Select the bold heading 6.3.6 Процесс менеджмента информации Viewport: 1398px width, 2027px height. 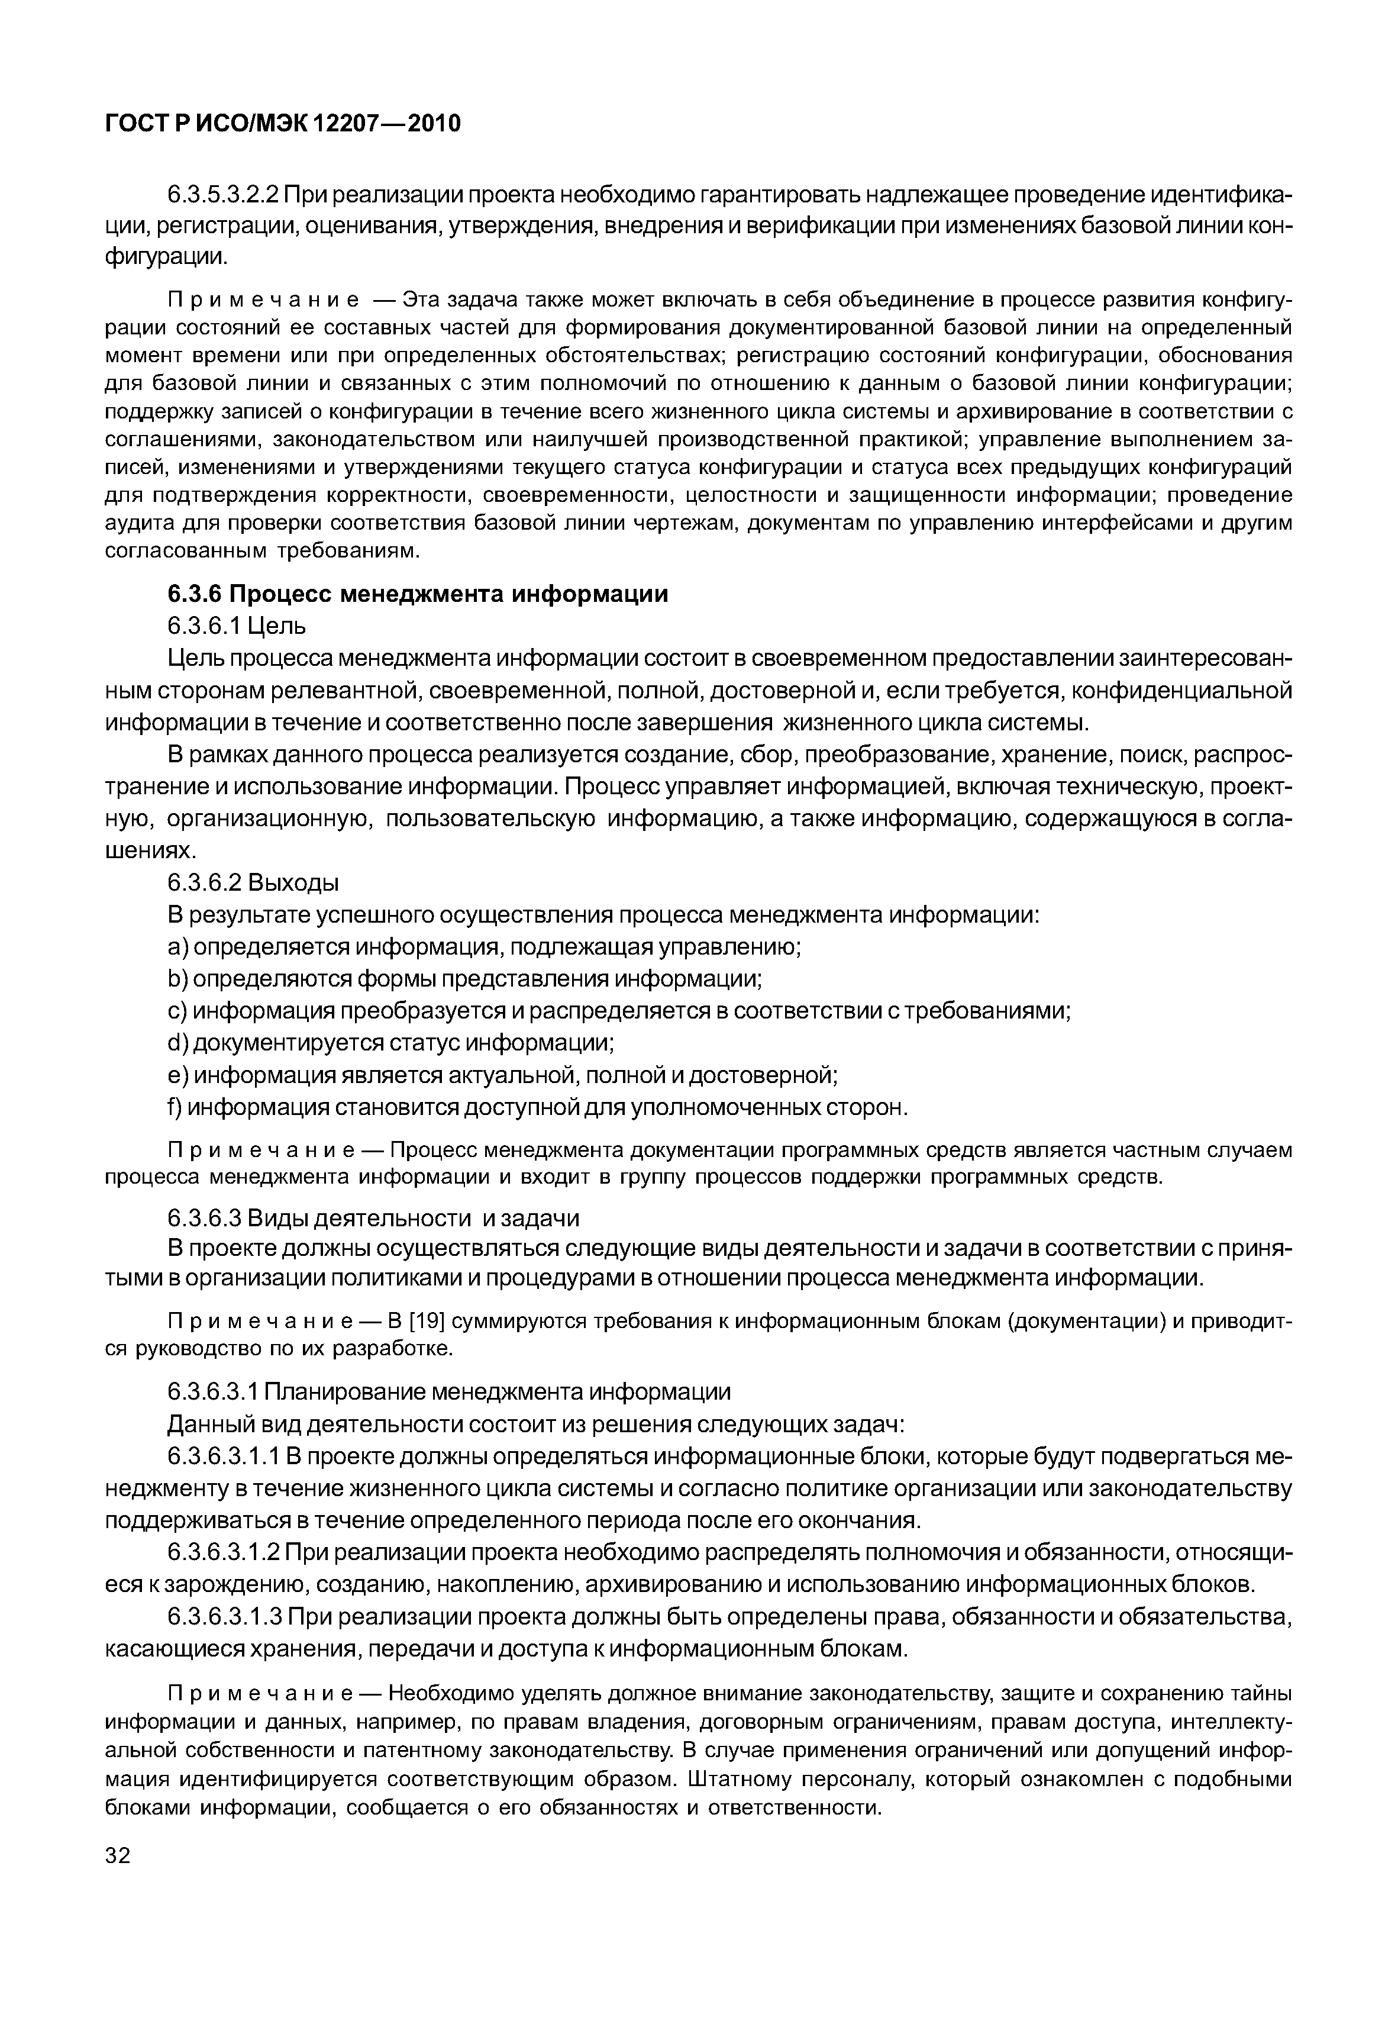tap(417, 594)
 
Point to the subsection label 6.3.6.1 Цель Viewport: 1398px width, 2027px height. tap(237, 626)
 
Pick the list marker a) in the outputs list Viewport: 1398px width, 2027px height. tap(178, 947)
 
